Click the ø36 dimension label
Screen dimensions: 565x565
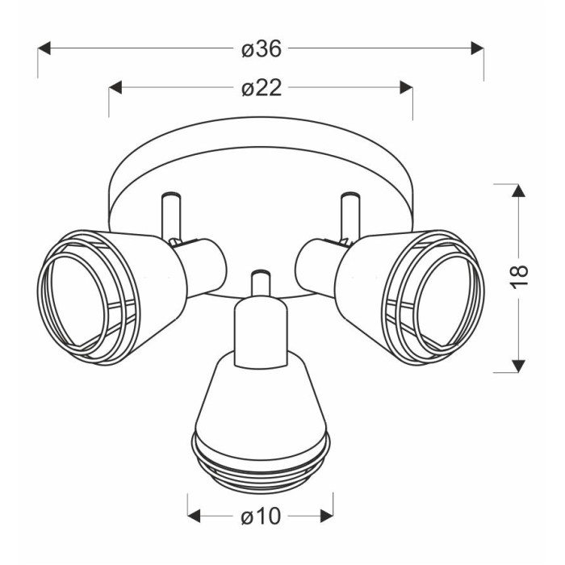[x=262, y=48]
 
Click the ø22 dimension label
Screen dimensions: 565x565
[x=262, y=88]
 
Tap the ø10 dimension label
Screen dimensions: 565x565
[x=261, y=516]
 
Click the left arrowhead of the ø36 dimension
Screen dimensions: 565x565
[x=44, y=48]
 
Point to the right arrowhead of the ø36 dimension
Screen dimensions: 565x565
[x=478, y=48]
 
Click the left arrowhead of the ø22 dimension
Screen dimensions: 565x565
[x=115, y=87]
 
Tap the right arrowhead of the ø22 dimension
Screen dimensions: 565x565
[x=407, y=87]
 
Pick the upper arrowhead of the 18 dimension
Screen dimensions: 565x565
[x=518, y=190]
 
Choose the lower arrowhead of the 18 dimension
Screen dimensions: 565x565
[x=518, y=366]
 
